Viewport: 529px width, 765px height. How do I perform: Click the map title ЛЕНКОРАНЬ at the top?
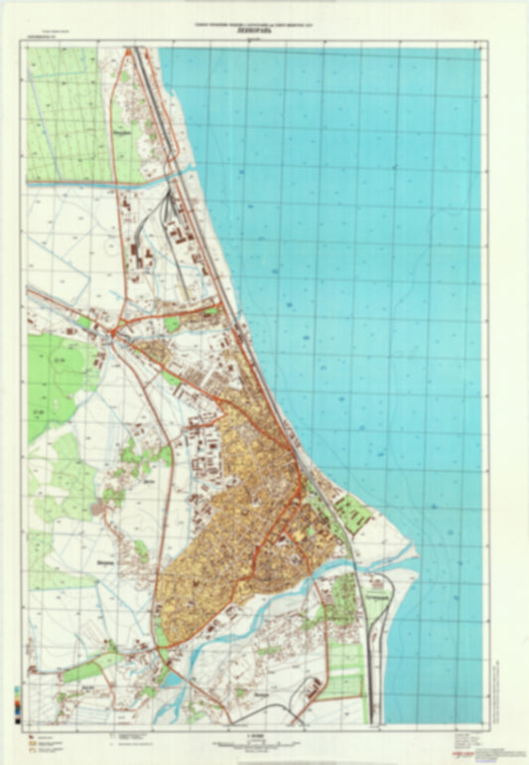tap(265, 31)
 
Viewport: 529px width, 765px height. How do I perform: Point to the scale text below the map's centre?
tap(264, 737)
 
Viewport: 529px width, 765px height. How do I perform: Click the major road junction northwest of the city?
tap(115, 330)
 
